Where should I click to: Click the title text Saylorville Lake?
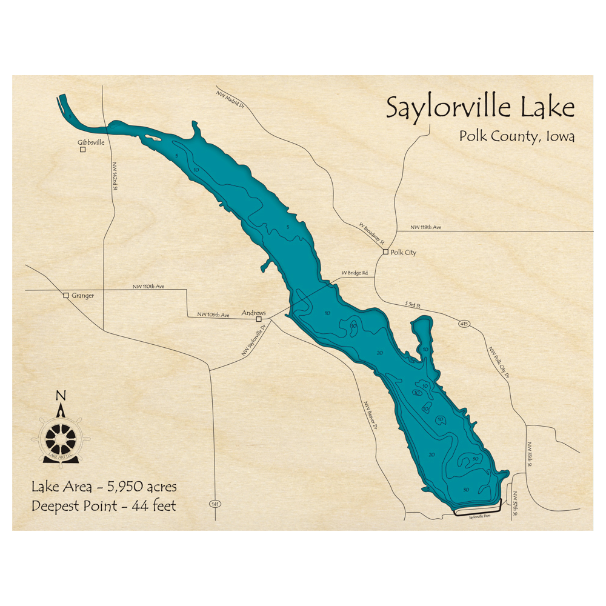point(480,107)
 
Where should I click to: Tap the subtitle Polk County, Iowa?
point(516,136)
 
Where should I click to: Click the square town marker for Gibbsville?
point(83,149)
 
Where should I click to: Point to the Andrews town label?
point(253,313)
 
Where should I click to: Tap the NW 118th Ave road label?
point(426,227)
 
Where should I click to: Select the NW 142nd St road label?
point(113,176)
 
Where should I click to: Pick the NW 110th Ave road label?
point(148,286)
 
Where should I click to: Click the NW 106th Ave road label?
point(213,315)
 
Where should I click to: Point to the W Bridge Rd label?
point(355,273)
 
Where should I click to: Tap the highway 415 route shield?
point(464,323)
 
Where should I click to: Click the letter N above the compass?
point(60,396)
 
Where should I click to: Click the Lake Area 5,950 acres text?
point(104,487)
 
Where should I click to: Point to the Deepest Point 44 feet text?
point(104,505)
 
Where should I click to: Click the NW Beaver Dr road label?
point(370,415)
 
